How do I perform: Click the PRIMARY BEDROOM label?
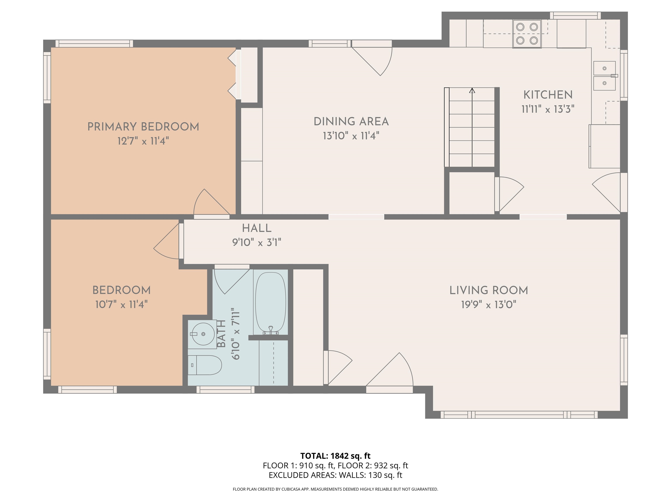click(x=143, y=127)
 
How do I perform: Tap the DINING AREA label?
click(x=351, y=122)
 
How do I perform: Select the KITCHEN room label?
click(x=548, y=95)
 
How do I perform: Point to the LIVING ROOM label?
click(x=489, y=290)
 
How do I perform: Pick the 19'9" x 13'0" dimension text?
click(x=489, y=304)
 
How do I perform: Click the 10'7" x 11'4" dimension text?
click(x=121, y=304)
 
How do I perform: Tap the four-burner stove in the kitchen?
click(x=527, y=34)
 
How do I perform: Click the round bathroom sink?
click(x=203, y=334)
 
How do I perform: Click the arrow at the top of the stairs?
click(x=472, y=91)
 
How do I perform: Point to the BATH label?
click(x=222, y=334)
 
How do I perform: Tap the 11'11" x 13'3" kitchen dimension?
click(x=548, y=109)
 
